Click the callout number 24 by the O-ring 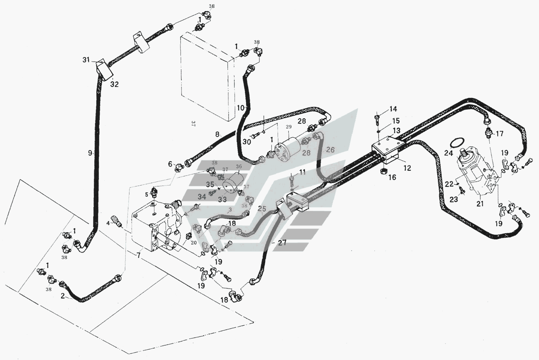pyautogui.click(x=448, y=152)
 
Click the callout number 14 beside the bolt pyautogui.click(x=393, y=109)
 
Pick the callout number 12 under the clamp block pyautogui.click(x=407, y=168)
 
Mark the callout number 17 pyautogui.click(x=499, y=134)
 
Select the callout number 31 pyautogui.click(x=86, y=60)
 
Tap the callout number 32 pyautogui.click(x=114, y=84)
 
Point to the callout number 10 pyautogui.click(x=241, y=107)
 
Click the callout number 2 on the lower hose pyautogui.click(x=62, y=296)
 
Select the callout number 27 pyautogui.click(x=282, y=243)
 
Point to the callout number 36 pyautogui.click(x=239, y=167)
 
